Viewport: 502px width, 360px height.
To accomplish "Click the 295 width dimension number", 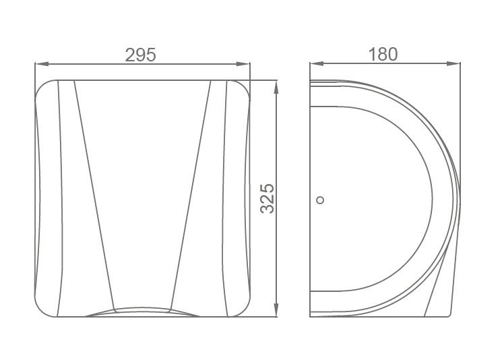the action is (x=140, y=55).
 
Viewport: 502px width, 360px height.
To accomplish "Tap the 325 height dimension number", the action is (x=267, y=199).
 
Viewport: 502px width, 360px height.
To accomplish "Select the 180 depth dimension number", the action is (x=383, y=54).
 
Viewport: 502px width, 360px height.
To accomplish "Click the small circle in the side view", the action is (x=320, y=200).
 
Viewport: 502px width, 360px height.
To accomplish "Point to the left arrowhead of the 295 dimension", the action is (x=42, y=64).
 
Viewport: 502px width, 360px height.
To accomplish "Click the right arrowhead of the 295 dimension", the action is (x=243, y=64).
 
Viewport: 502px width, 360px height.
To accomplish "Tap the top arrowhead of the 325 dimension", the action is (x=277, y=87).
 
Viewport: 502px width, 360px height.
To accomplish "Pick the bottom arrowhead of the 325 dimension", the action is (x=277, y=309).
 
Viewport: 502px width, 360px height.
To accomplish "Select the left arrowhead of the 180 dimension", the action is (x=317, y=64).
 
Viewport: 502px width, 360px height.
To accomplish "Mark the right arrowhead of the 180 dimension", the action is (x=453, y=64).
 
